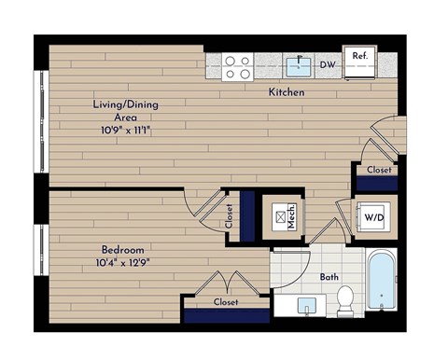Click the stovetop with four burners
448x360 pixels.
tap(238, 66)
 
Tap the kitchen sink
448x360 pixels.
tap(299, 65)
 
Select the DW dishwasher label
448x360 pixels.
tap(328, 65)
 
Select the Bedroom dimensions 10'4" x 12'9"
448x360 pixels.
tap(123, 264)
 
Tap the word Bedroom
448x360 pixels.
tap(123, 250)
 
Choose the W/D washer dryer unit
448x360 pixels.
tap(374, 218)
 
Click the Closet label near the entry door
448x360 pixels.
tap(378, 172)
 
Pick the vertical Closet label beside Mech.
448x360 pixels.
tap(231, 216)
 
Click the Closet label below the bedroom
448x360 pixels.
tap(226, 302)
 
